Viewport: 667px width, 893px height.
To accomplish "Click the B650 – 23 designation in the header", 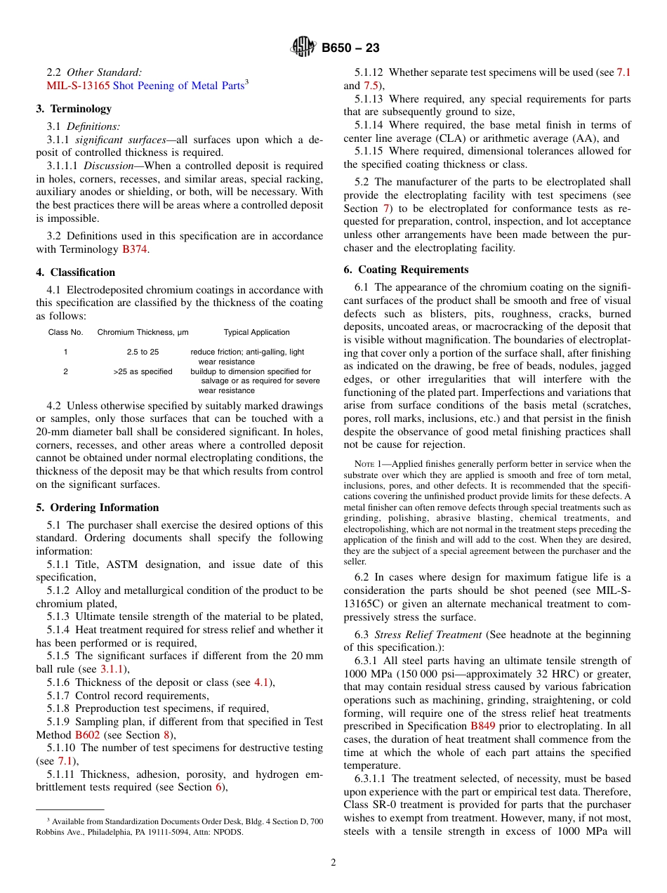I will pyautogui.click(x=350, y=48).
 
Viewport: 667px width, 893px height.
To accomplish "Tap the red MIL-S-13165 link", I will pyautogui.click(x=77, y=86).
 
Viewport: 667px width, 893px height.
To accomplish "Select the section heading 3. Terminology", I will pyautogui.click(x=74, y=109).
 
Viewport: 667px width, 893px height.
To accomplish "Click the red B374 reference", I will pyautogui.click(x=134, y=249).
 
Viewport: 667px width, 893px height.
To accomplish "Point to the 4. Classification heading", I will pyautogui.click(x=75, y=272).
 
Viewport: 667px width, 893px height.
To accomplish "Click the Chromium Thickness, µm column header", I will pyautogui.click(x=143, y=332).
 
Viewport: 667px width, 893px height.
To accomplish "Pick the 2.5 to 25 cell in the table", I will pyautogui.click(x=143, y=352).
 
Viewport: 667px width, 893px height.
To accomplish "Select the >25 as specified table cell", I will pyautogui.click(x=143, y=371).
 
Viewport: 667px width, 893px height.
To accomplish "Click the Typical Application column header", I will pyautogui.click(x=256, y=332).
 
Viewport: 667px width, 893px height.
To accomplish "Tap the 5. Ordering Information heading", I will pyautogui.click(x=98, y=508).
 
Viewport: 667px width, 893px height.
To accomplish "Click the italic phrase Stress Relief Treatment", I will pyautogui.click(x=428, y=635).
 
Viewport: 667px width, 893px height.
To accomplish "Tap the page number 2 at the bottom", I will pyautogui.click(x=333, y=863).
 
